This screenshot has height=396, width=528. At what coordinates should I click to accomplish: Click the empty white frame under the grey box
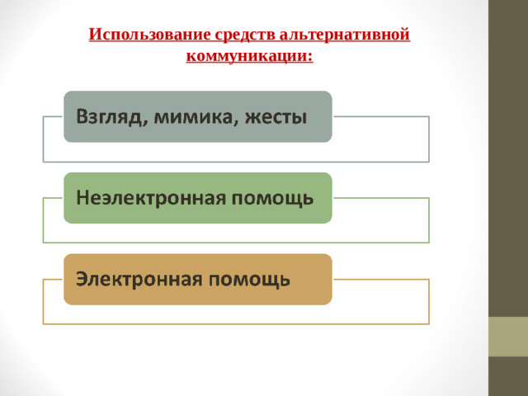(236, 152)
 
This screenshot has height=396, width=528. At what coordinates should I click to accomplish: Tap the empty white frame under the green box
(236, 233)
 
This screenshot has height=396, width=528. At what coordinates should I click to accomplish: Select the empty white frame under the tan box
(236, 314)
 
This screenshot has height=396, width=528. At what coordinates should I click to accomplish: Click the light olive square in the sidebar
(508, 336)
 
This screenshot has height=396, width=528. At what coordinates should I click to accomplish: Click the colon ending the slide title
(311, 56)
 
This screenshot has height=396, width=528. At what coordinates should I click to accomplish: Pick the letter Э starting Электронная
(82, 279)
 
